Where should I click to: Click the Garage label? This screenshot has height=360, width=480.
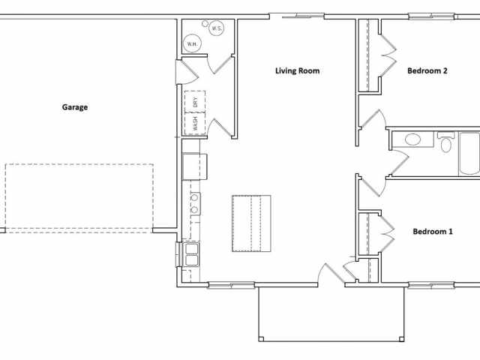(x=74, y=107)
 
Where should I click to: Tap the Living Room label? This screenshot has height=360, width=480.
(x=297, y=71)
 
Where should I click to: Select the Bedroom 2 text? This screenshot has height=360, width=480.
(x=427, y=71)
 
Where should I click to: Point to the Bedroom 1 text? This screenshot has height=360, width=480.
(x=433, y=232)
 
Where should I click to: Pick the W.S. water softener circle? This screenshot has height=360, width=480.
(x=216, y=28)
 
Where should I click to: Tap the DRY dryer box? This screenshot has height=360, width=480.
(x=195, y=102)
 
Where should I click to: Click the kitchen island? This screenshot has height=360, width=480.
(x=250, y=223)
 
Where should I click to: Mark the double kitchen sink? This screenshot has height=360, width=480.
(x=191, y=255)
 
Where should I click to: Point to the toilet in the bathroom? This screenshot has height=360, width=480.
(x=446, y=142)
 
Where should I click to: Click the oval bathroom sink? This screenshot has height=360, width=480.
(x=412, y=139)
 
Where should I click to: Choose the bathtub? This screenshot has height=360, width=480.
(x=469, y=154)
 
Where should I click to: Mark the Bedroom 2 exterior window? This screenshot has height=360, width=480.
(x=432, y=16)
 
